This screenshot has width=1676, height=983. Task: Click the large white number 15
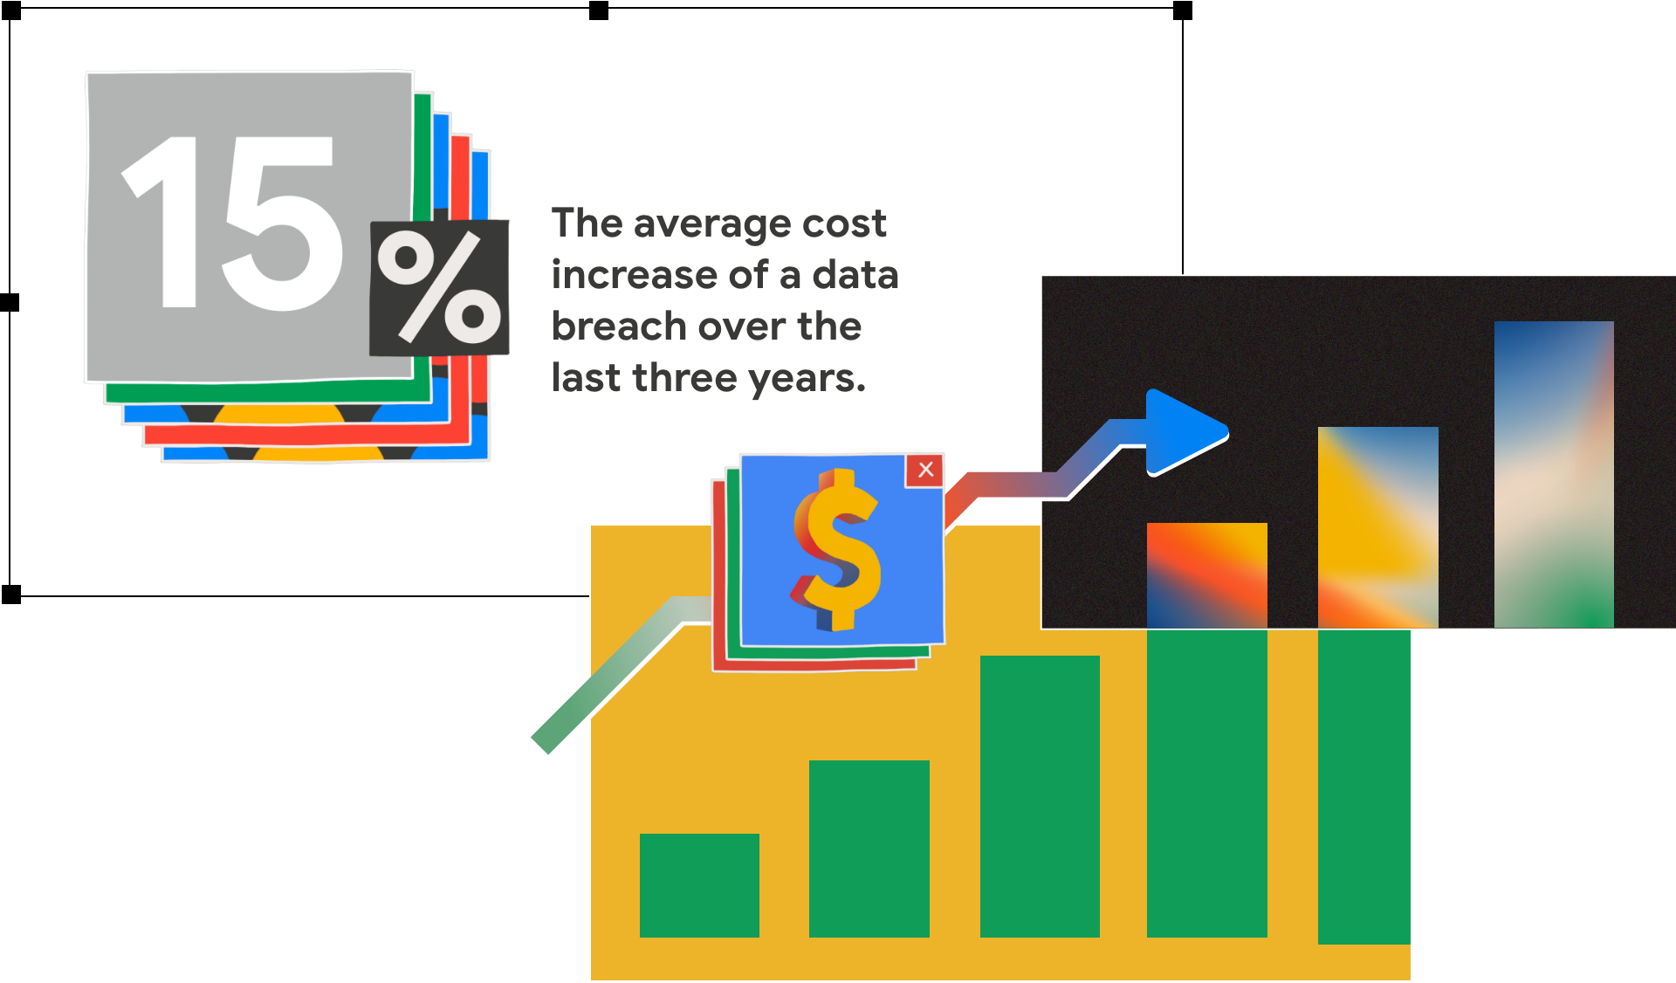click(x=231, y=223)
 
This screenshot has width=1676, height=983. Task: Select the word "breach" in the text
click(x=619, y=326)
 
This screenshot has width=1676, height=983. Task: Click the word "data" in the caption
click(x=855, y=274)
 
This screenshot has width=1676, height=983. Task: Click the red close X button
click(x=925, y=470)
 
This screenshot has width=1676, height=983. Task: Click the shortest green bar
click(x=699, y=885)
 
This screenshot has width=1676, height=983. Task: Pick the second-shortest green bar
click(x=869, y=849)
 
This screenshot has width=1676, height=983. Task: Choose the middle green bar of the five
click(x=1040, y=796)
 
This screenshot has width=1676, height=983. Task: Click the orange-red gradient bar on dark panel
click(x=1206, y=575)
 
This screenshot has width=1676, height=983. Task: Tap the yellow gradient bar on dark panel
click(x=1377, y=527)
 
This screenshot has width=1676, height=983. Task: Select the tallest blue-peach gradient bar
click(x=1554, y=474)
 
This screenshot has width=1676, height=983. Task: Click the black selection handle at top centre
click(x=599, y=10)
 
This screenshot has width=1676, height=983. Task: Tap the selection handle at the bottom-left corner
click(x=10, y=595)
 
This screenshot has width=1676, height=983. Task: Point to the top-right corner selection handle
click(x=1183, y=10)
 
